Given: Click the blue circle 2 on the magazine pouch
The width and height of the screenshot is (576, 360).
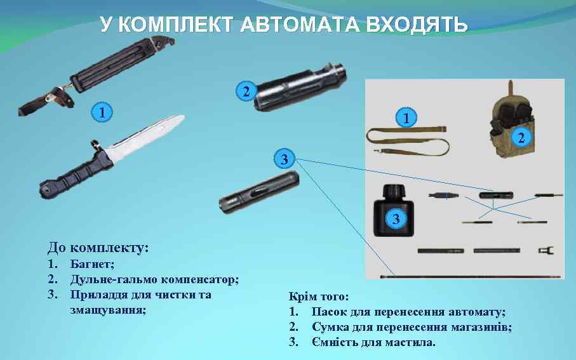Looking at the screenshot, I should click(x=521, y=137).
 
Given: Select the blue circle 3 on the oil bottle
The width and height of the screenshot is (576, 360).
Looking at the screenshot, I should click(x=396, y=219).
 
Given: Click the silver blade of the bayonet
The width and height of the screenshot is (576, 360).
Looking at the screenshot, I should click(x=147, y=139).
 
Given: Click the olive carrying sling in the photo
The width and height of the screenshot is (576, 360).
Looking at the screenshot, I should click(x=406, y=141).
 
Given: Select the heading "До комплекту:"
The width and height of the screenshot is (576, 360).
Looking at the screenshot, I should click(x=98, y=247).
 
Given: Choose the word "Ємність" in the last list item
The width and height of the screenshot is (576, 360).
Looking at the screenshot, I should click(x=335, y=342).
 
